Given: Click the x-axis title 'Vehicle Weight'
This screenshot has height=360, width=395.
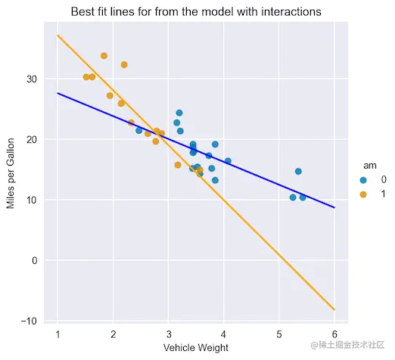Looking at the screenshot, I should click(195, 348).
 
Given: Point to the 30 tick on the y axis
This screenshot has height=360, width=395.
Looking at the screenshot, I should click(32, 79).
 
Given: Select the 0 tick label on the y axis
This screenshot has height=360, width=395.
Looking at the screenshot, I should click(34, 260).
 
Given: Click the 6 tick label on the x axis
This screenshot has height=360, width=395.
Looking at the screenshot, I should click(334, 334).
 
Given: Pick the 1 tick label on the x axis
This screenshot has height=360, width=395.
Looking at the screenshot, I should click(58, 334).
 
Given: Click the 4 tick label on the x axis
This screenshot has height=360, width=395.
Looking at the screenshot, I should click(223, 334).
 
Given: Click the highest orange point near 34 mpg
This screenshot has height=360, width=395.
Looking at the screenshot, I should click(104, 56).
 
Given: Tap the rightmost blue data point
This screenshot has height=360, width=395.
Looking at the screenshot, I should click(303, 197).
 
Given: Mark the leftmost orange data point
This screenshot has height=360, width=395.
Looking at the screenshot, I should click(86, 77).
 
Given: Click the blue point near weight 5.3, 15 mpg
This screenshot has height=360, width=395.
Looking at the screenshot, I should click(298, 172).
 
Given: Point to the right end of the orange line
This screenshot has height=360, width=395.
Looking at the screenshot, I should click(334, 309).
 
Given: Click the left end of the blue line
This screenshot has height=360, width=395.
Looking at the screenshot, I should click(58, 93).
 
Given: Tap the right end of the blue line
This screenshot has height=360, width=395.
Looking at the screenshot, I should click(334, 207).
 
